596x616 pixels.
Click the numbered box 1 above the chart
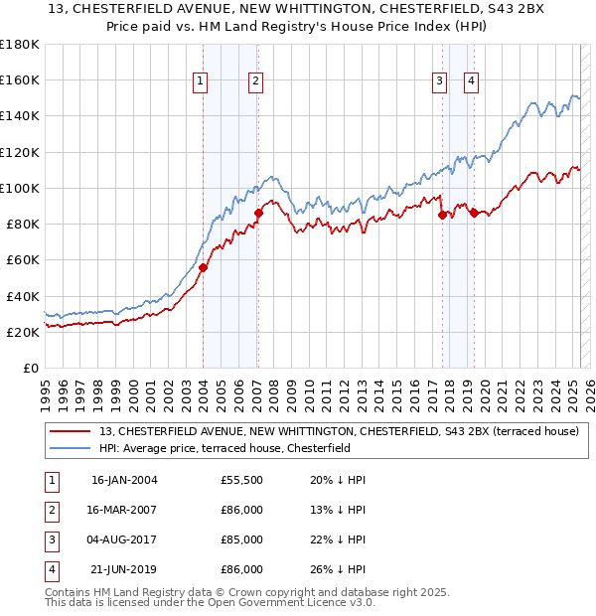[x=201, y=81]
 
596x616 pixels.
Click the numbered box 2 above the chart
[x=255, y=81]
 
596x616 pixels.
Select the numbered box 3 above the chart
[x=439, y=81]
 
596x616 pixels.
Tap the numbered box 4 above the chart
[x=471, y=81]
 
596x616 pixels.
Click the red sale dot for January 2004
[x=203, y=267]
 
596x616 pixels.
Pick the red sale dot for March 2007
[x=258, y=212]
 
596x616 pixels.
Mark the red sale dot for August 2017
[x=441, y=214]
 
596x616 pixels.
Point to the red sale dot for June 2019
[x=475, y=212]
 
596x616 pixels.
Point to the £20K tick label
[x=23, y=332]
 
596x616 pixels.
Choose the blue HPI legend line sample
[x=72, y=448]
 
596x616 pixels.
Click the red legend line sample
[x=72, y=431]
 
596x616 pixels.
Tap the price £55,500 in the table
[x=241, y=480]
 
